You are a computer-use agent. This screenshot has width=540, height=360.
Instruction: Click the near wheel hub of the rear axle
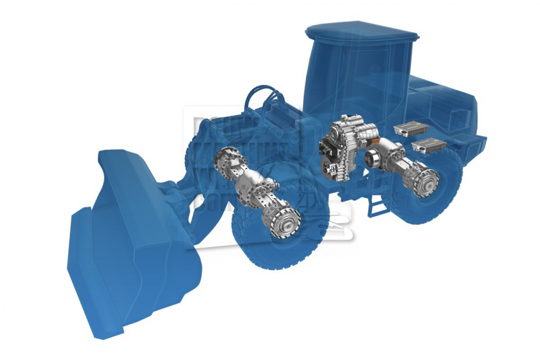(x=426, y=176)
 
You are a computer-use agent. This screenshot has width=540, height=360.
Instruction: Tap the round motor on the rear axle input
(x=375, y=159)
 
